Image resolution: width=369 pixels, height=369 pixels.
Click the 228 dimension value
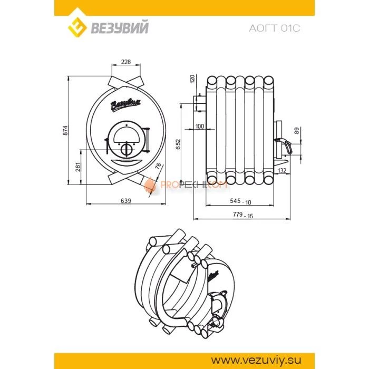tap(126, 62)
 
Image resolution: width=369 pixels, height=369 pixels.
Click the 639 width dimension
tap(125, 200)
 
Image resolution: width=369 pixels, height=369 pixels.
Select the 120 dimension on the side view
tap(192, 79)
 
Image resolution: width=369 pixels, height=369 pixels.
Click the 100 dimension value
tap(199, 127)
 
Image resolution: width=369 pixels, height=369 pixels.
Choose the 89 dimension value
tap(297, 131)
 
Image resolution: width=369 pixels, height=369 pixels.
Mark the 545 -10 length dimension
tap(241, 201)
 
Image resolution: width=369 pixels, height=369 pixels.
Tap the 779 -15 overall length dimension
tap(242, 215)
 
